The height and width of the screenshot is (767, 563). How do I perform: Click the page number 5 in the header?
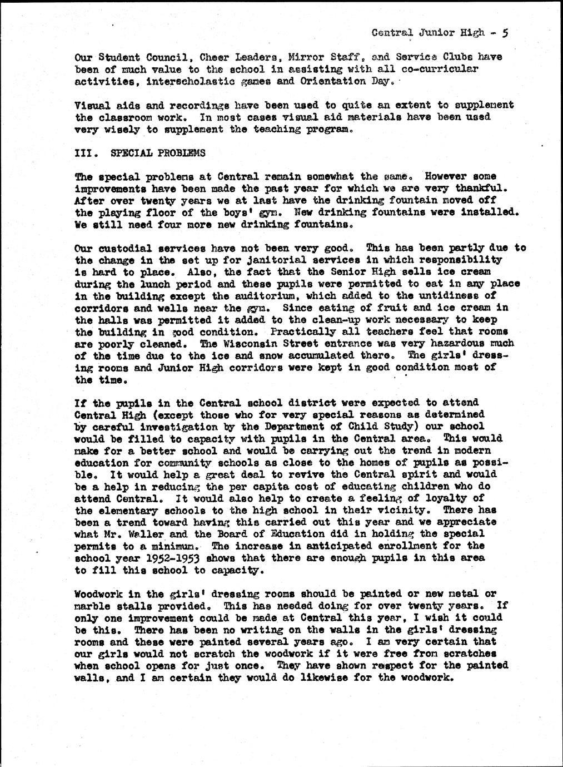point(504,33)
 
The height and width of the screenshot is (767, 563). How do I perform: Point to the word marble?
point(91,606)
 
